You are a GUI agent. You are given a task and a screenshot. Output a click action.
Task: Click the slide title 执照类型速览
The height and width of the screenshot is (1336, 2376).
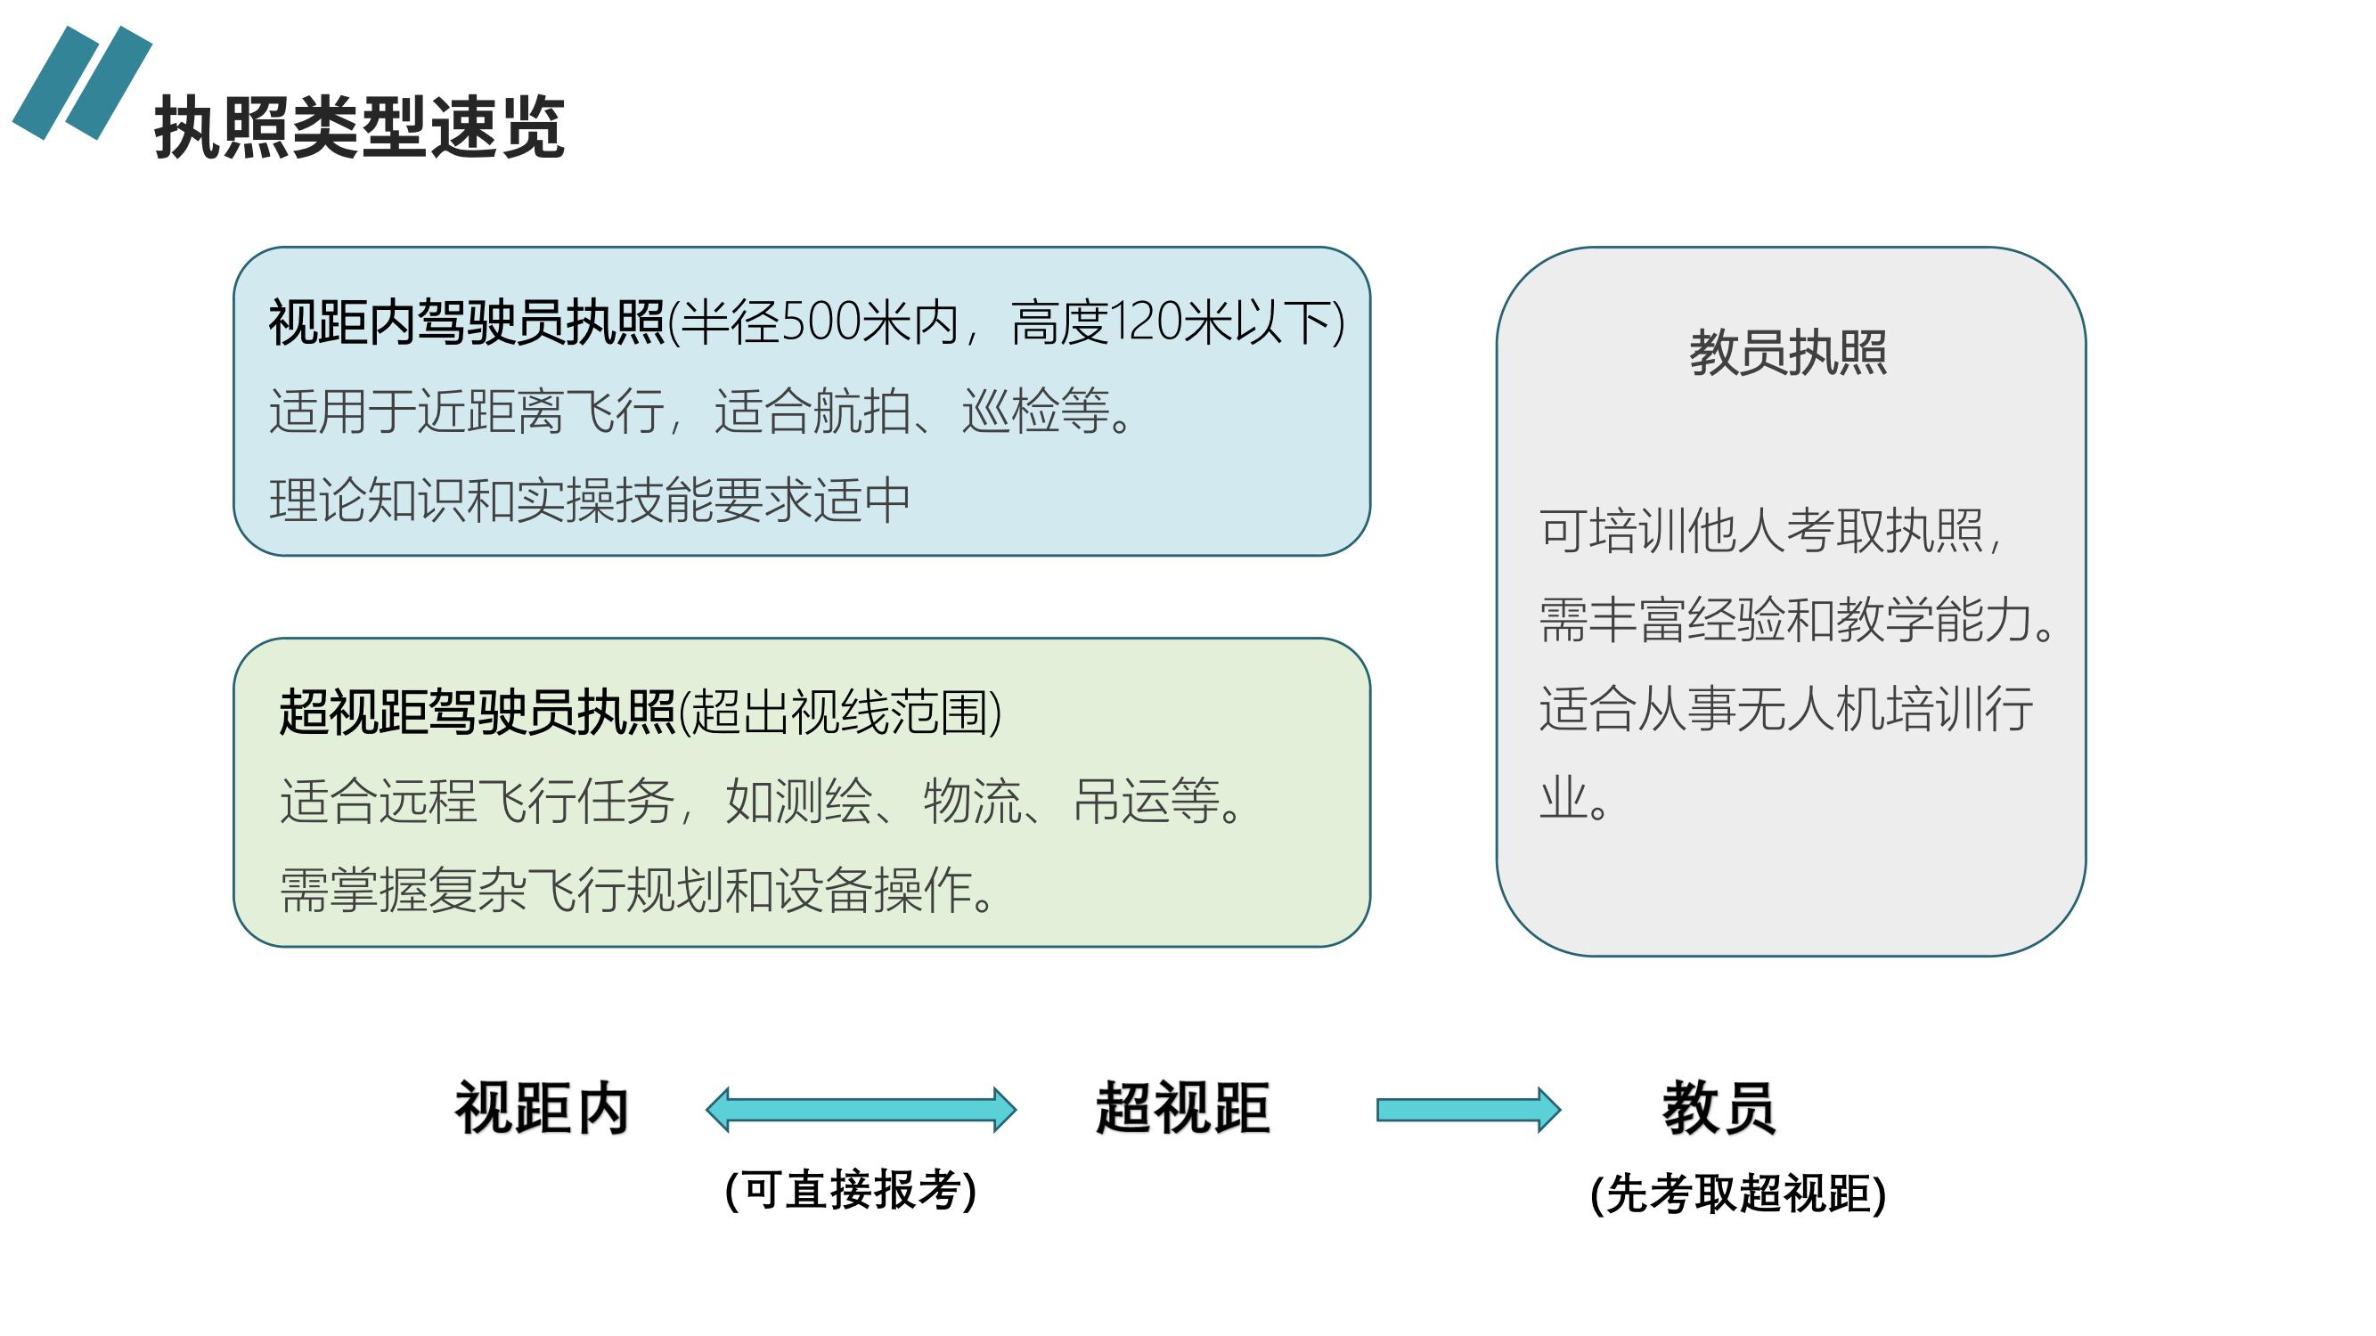360,127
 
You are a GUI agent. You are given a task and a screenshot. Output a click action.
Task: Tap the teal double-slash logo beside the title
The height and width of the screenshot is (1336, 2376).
82,83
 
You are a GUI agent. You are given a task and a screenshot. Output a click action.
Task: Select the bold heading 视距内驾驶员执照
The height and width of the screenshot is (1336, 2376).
467,322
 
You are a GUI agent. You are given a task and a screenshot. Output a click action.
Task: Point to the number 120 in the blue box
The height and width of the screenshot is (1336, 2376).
1146,322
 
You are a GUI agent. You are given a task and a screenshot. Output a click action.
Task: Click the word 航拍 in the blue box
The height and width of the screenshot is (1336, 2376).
861,411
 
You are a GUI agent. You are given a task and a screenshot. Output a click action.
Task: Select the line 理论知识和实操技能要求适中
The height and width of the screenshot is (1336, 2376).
591,501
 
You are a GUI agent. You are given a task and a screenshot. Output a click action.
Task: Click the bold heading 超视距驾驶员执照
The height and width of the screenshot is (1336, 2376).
478,712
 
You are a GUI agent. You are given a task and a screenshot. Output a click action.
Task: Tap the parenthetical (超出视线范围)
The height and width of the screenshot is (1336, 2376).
840,712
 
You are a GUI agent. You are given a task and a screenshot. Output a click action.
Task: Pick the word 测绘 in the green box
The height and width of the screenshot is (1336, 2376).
824,801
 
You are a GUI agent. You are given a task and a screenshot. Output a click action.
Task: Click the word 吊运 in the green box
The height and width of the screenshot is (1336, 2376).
1122,801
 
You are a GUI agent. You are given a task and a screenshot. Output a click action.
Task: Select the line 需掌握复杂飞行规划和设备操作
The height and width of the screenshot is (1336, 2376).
637,890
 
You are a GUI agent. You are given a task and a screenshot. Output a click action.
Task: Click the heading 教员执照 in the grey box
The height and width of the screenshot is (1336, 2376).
1788,352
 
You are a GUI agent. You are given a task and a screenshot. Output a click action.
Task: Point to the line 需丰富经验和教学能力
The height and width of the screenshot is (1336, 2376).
1797,619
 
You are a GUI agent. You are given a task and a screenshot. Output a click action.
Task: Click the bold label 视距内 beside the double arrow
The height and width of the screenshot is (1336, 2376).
543,1107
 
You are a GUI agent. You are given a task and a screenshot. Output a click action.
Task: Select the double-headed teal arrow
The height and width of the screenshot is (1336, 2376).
861,1109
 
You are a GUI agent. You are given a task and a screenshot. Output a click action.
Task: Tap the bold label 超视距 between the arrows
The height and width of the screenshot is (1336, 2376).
1183,1107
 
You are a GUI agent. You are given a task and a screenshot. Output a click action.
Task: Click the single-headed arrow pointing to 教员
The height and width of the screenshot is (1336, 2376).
1468,1109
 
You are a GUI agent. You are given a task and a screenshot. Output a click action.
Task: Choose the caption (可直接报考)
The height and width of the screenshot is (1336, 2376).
851,1189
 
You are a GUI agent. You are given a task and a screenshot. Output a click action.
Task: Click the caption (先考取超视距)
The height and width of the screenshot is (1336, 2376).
1738,1194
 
